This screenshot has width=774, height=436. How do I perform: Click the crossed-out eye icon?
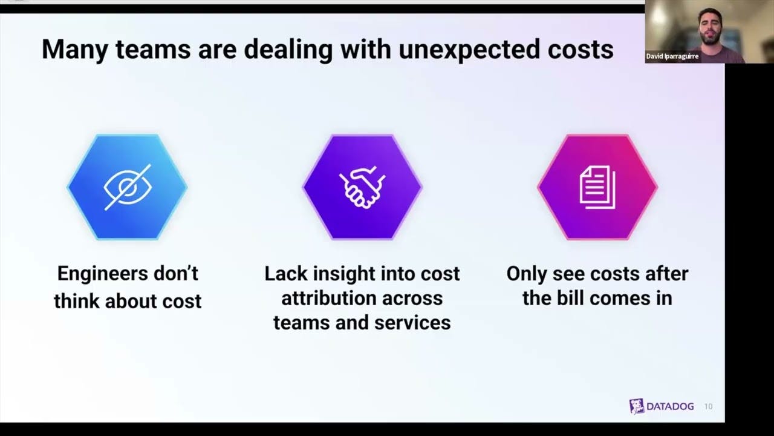pos(127,187)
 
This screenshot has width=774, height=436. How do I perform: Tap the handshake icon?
pos(362,187)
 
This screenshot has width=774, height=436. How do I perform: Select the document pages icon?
pos(597,187)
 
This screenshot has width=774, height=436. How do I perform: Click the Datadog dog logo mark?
pos(636,406)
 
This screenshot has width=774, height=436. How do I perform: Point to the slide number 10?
pos(709,407)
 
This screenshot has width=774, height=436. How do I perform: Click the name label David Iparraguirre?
pos(672,56)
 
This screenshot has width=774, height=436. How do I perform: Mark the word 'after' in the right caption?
pos(667,274)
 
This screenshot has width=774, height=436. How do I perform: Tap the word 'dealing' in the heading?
pos(288,49)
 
